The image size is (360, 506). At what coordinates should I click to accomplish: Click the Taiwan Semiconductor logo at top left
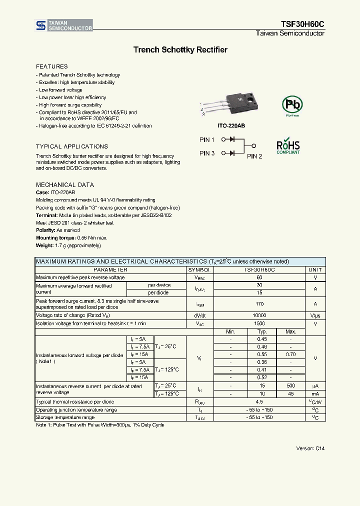(63, 25)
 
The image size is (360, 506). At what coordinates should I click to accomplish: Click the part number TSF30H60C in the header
(301, 24)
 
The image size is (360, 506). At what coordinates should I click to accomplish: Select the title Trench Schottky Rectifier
(180, 50)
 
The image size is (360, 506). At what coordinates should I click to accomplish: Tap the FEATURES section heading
(51, 66)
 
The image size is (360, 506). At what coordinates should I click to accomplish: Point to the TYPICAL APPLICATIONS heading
(71, 146)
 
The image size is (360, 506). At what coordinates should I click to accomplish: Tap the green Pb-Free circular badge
(291, 105)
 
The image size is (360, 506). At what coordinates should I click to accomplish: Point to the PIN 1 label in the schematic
(207, 140)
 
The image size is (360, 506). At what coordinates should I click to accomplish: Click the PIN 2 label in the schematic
(254, 156)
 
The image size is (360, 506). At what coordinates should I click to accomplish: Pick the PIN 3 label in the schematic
(207, 153)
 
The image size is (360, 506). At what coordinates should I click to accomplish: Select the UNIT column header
(315, 269)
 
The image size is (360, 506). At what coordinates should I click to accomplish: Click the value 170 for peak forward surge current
(259, 304)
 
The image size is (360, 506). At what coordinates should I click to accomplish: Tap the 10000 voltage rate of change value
(259, 315)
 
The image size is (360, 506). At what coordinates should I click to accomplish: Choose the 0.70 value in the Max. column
(290, 354)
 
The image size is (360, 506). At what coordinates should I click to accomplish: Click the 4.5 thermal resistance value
(259, 401)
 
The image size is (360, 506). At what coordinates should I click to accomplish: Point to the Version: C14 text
(310, 448)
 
